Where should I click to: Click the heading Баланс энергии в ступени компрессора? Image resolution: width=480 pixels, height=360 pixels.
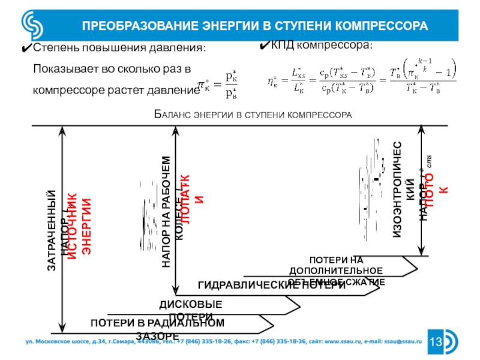click(x=253, y=114)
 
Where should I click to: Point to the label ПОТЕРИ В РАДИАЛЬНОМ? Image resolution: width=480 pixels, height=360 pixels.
click(x=157, y=323)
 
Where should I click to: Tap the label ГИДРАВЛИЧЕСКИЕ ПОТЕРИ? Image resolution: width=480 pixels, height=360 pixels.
click(x=271, y=285)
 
